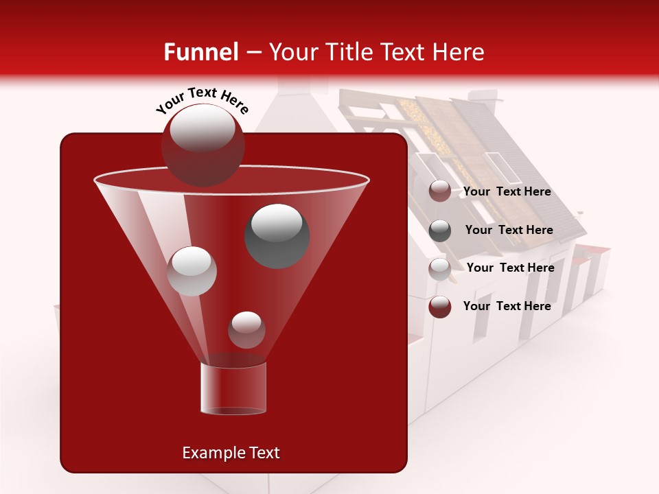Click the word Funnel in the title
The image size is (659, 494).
tap(200, 52)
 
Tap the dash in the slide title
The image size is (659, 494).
tap(253, 53)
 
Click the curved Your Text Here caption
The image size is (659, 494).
tap(202, 100)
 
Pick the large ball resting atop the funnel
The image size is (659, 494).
tap(203, 145)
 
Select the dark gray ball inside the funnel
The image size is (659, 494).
tap(277, 235)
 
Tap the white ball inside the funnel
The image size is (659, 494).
tap(192, 271)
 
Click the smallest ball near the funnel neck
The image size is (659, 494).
tap(246, 330)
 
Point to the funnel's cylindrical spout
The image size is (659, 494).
tap(233, 388)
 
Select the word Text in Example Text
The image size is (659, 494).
tap(264, 453)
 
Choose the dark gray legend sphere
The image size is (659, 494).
tap(440, 231)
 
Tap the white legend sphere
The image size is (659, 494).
tap(440, 269)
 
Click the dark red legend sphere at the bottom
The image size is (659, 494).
tap(440, 307)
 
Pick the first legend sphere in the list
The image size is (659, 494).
tap(440, 191)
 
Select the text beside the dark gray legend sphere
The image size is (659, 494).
tap(509, 231)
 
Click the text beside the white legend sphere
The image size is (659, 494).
tap(510, 268)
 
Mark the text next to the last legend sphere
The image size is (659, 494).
tap(507, 306)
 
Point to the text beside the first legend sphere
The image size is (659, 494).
tap(507, 192)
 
